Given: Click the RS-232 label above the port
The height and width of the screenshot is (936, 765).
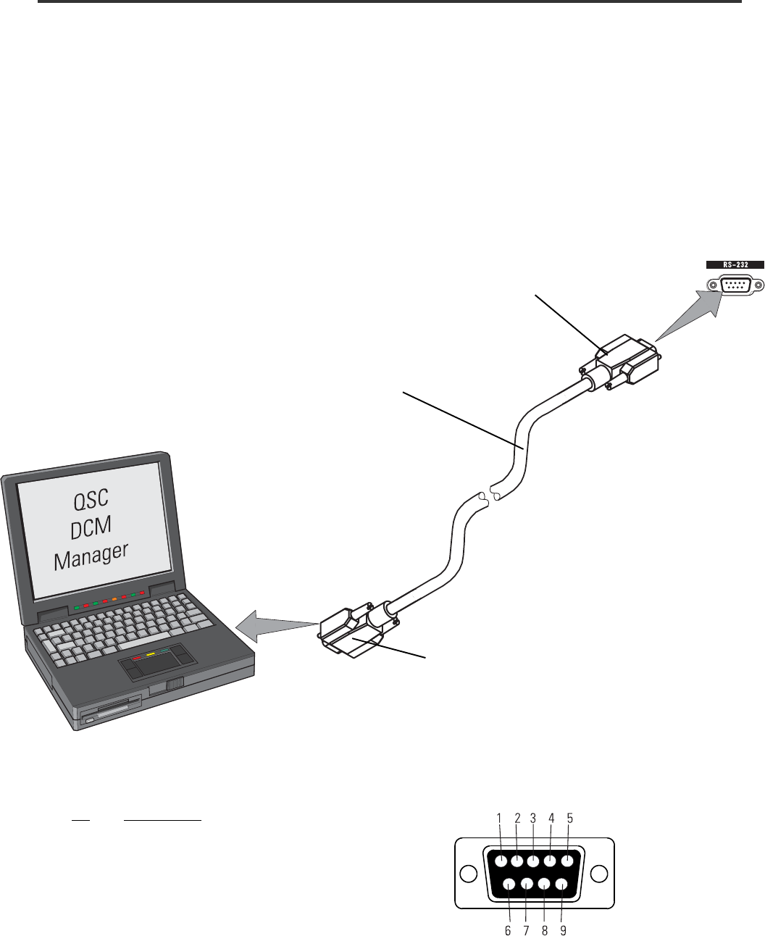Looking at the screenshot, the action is (735, 265).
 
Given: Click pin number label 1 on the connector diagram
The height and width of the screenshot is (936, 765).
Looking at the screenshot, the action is (500, 817).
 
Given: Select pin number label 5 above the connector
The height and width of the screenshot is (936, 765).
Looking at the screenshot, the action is (569, 817).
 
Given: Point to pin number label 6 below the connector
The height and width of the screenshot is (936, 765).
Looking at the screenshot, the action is (508, 930).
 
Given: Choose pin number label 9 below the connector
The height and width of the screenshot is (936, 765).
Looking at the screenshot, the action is (563, 930).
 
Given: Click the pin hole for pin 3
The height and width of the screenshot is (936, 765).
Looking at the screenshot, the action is (534, 861).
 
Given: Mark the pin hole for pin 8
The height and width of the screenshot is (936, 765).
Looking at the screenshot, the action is (543, 884).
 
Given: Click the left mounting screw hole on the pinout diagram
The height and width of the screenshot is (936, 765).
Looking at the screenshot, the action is (469, 873).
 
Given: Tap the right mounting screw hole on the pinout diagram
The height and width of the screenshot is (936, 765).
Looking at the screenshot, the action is (598, 873).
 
